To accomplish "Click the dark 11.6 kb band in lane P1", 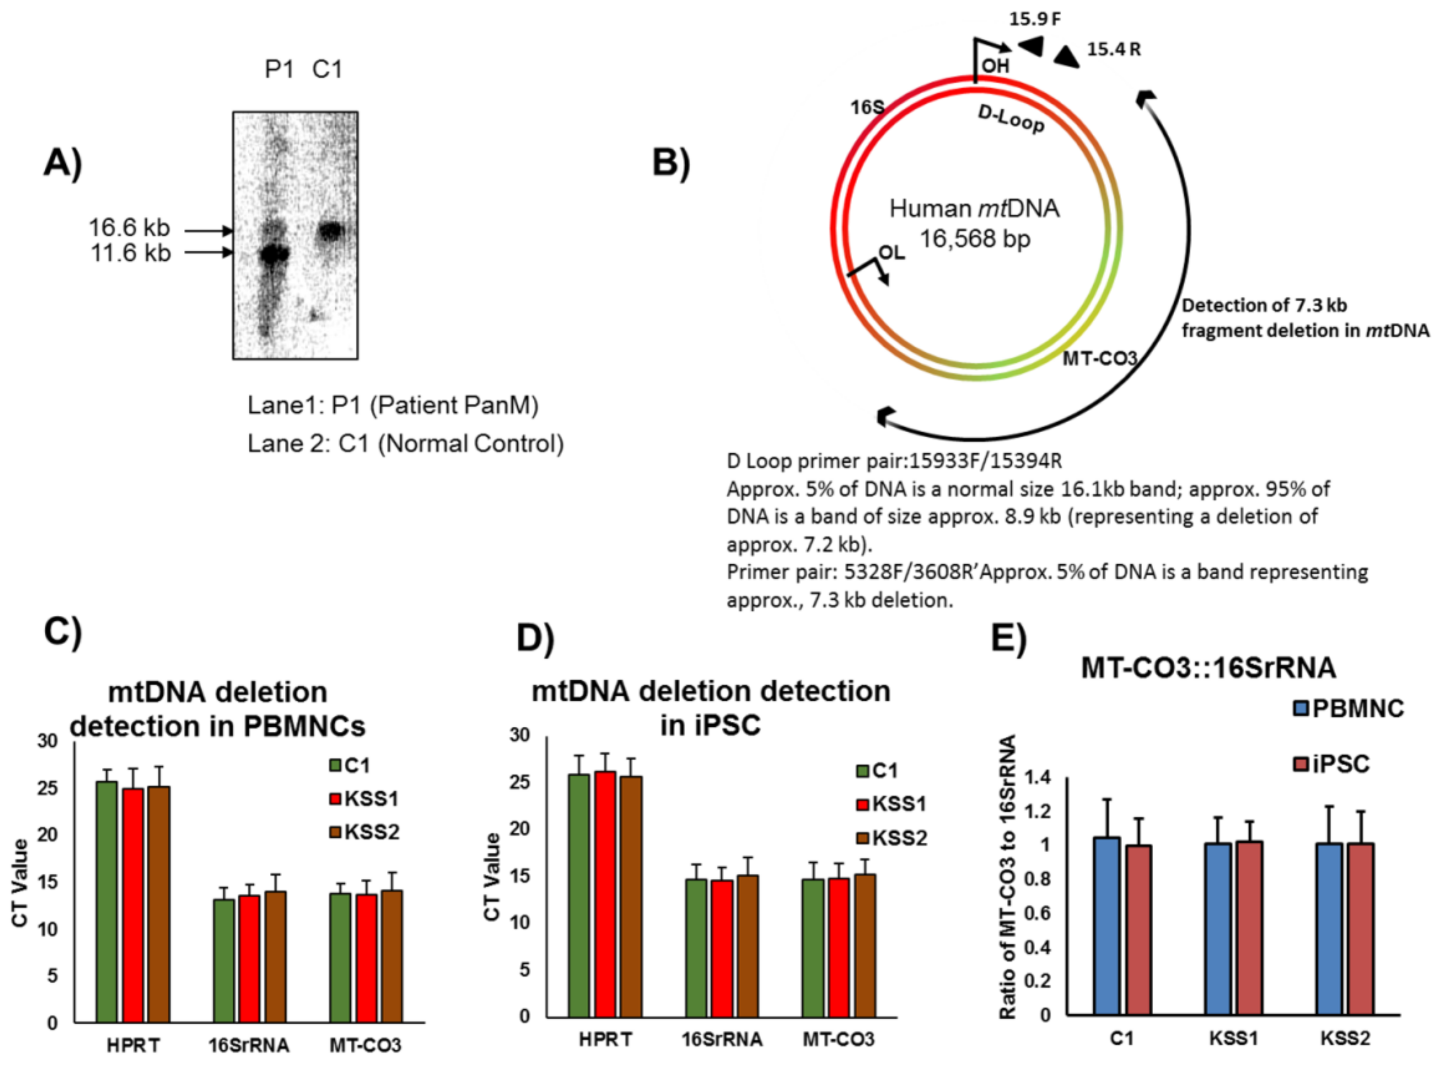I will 274,253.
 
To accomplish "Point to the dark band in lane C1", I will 331,230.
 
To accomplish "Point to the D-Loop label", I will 1011,119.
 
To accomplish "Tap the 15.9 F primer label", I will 1035,19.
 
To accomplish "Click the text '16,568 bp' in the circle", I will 975,239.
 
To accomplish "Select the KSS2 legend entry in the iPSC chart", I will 893,838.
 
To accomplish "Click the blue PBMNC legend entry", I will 1348,708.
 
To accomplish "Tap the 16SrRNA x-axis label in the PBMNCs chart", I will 248,1045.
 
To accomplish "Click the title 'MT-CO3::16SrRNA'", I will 1208,668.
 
